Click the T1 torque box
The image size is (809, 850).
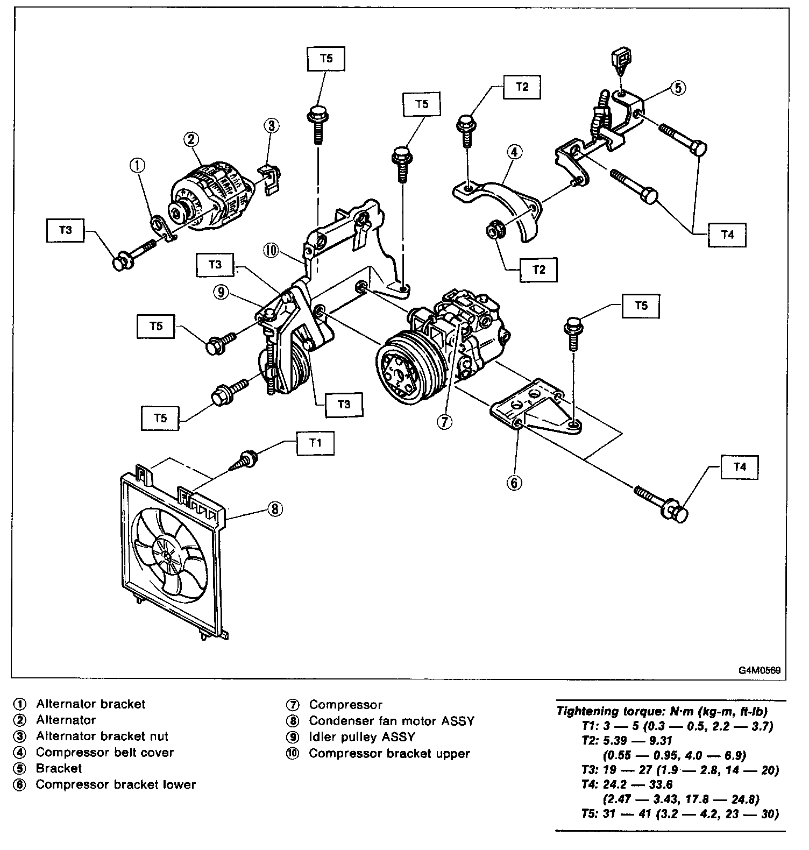click(x=315, y=443)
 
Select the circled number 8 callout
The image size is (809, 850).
click(x=275, y=508)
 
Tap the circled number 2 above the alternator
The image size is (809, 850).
click(x=191, y=139)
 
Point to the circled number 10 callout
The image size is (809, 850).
click(x=271, y=250)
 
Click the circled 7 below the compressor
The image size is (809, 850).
click(x=444, y=422)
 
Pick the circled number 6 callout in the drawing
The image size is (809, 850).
click(x=514, y=483)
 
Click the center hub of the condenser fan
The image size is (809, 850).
click(x=168, y=555)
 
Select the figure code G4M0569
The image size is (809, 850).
click(x=759, y=671)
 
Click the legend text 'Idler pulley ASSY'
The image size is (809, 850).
click(x=362, y=737)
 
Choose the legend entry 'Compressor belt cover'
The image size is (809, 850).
click(x=105, y=752)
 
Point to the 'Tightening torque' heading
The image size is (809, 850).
click(x=662, y=711)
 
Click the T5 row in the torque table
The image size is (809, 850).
click(x=680, y=814)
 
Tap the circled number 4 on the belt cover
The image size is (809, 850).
click(x=514, y=152)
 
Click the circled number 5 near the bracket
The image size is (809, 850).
click(x=679, y=87)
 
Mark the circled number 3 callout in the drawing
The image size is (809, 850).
click(x=271, y=126)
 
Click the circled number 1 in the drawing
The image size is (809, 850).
click(x=138, y=165)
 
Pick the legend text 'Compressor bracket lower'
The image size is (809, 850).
click(x=116, y=784)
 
